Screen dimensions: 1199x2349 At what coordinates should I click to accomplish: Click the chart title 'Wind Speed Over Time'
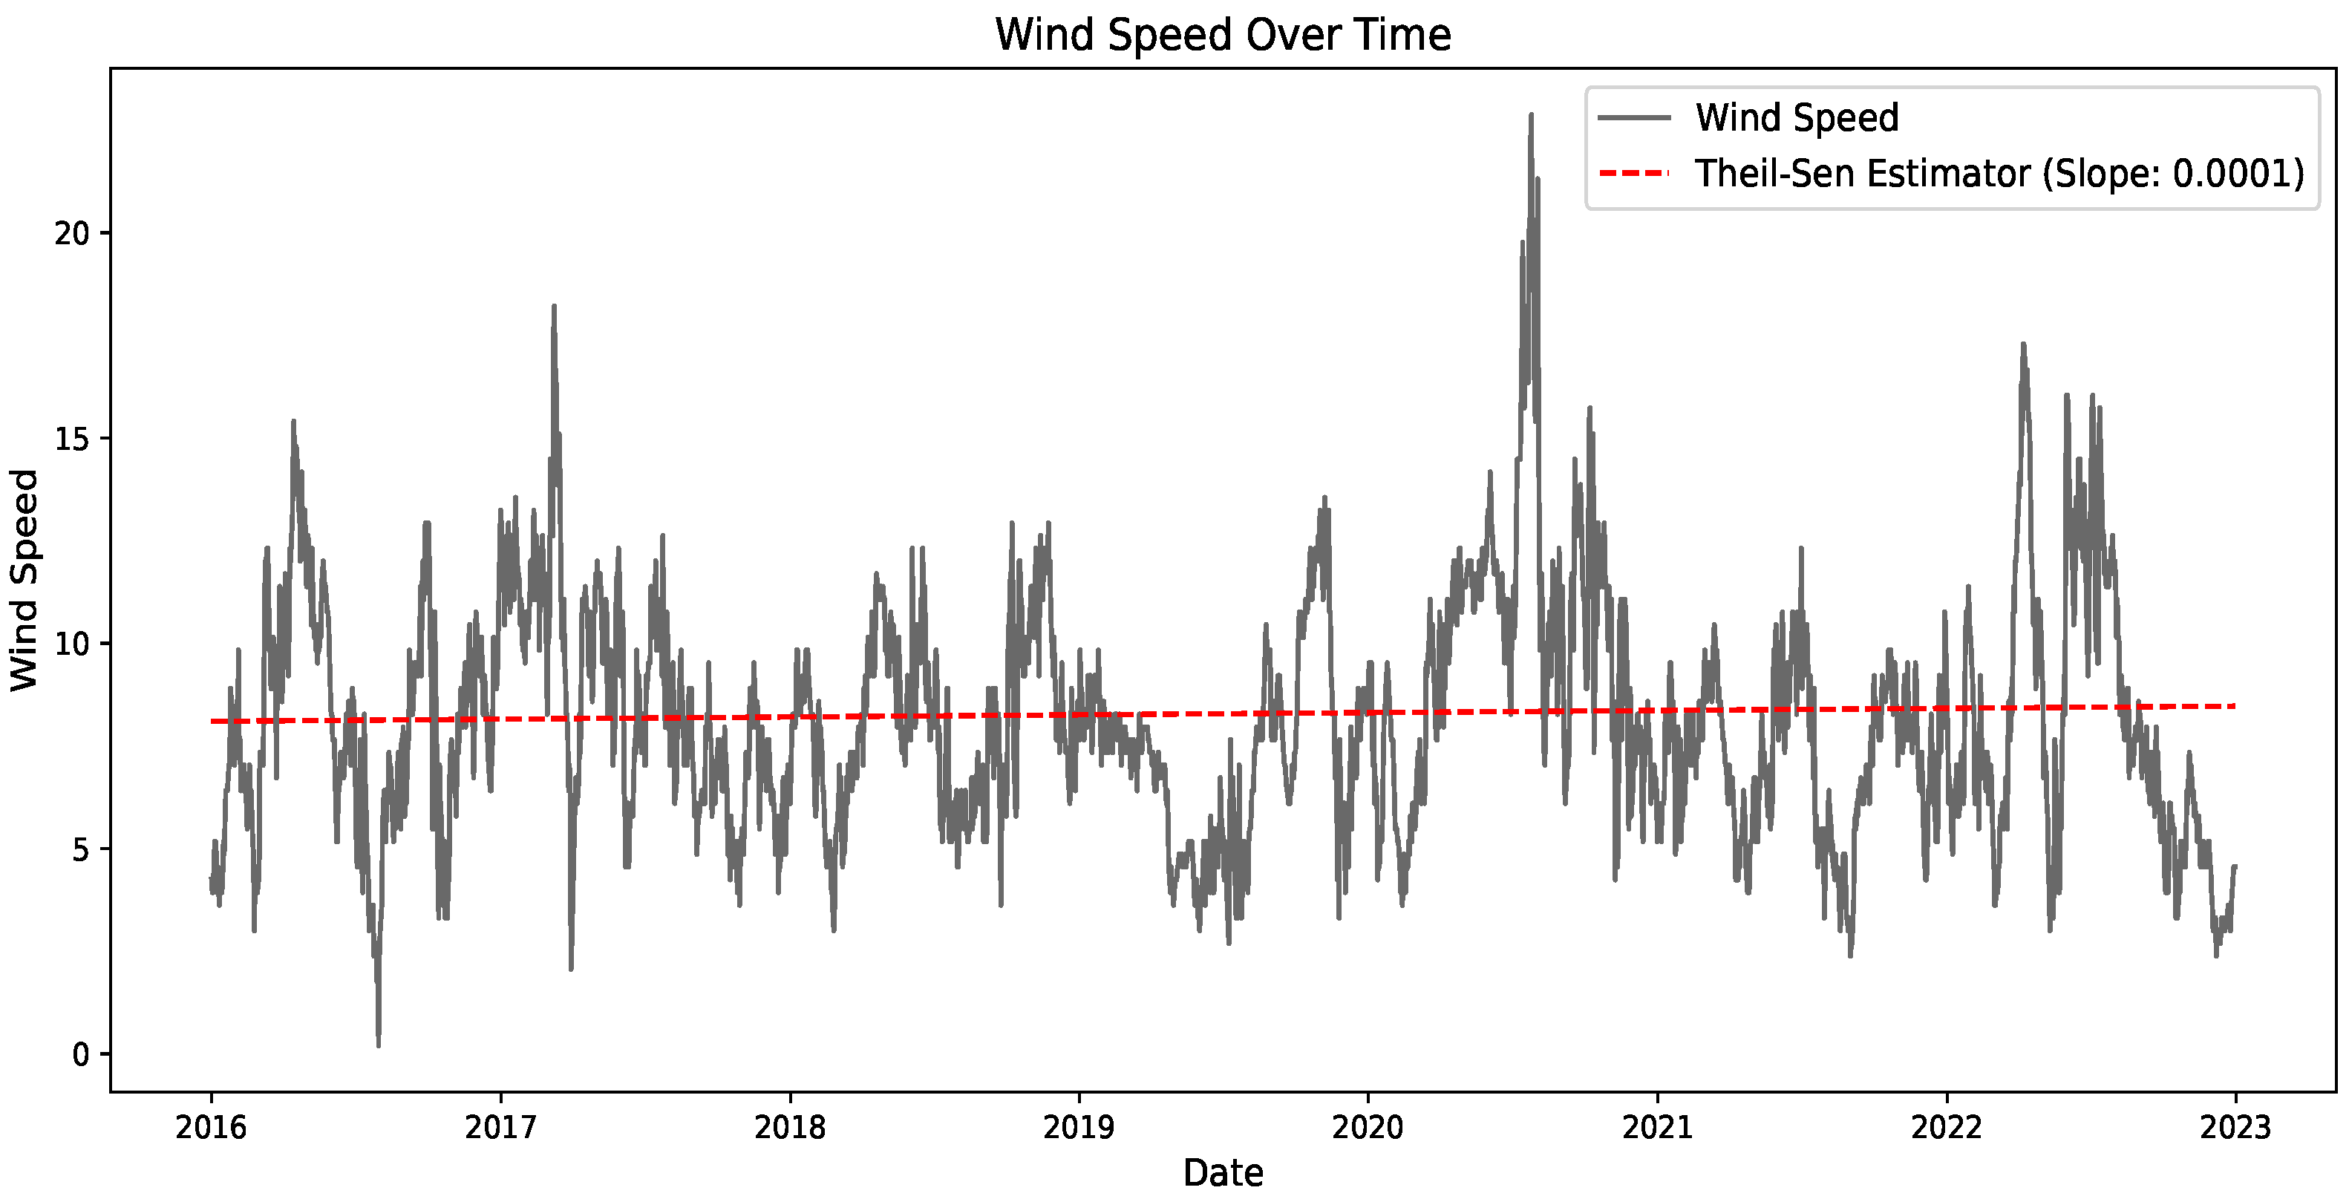click(x=1222, y=36)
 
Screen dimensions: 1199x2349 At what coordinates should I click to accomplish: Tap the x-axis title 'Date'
click(x=1222, y=1172)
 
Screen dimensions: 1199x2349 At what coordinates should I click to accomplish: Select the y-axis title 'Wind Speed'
click(x=24, y=580)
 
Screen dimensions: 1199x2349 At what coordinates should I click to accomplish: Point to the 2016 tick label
click(x=211, y=1128)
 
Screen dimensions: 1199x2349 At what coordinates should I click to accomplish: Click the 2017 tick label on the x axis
click(x=500, y=1128)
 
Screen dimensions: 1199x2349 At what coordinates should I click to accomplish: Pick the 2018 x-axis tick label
click(x=790, y=1128)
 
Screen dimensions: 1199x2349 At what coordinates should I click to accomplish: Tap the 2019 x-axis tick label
click(x=1079, y=1128)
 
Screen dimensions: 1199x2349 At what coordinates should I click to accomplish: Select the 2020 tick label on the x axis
click(x=1368, y=1128)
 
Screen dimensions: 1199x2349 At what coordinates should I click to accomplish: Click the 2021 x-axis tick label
click(x=1657, y=1128)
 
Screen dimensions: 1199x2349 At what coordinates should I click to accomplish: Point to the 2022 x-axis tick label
click(x=1947, y=1128)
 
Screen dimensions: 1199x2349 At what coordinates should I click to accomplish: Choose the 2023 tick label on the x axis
click(x=2235, y=1128)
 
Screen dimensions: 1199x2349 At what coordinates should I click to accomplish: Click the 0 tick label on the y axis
click(x=80, y=1055)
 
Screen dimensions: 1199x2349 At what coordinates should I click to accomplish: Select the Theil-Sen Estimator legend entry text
click(x=1999, y=173)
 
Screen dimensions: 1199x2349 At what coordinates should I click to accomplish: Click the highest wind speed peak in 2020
click(x=1531, y=115)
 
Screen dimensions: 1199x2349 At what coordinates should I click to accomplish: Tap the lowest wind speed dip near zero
click(x=379, y=1045)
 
